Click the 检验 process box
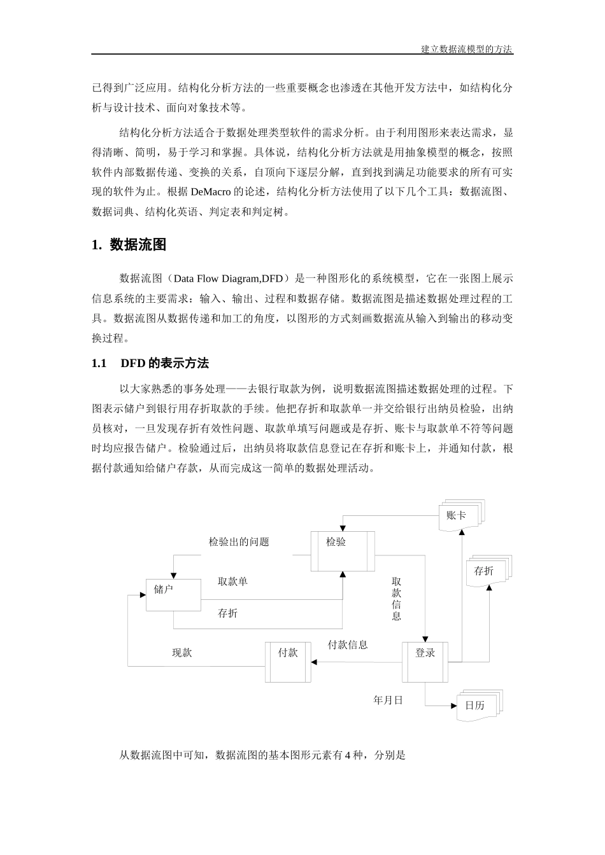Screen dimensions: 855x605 [x=343, y=543]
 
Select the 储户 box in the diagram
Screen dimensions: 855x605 [x=173, y=595]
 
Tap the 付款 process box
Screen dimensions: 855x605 [x=288, y=662]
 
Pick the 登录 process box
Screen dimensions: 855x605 [x=425, y=662]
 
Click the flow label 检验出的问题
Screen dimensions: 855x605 [x=239, y=542]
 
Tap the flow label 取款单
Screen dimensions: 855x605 [x=232, y=581]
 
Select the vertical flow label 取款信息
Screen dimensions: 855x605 [x=397, y=599]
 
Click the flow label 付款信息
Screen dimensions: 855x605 [x=348, y=645]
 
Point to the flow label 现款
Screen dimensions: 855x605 [x=182, y=653]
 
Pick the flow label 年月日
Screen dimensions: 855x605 [x=388, y=700]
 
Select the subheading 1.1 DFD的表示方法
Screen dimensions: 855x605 [x=150, y=363]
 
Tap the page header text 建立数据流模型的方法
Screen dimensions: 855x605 [x=467, y=49]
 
